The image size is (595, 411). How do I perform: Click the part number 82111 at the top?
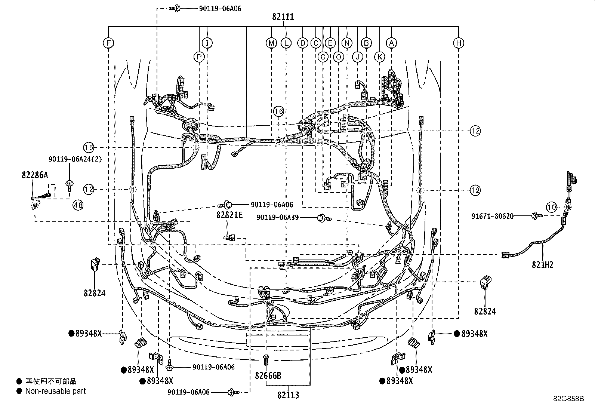pyautogui.click(x=283, y=17)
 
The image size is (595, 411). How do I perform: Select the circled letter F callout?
pyautogui.click(x=108, y=43)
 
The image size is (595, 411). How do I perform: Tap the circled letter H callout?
pyautogui.click(x=459, y=43)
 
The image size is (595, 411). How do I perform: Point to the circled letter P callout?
pyautogui.click(x=199, y=57)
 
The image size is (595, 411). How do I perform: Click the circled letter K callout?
pyautogui.click(x=379, y=57)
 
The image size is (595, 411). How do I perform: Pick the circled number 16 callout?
pyautogui.click(x=278, y=111)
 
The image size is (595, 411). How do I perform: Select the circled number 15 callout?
pyautogui.click(x=89, y=148)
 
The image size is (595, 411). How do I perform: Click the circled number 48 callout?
pyautogui.click(x=78, y=205)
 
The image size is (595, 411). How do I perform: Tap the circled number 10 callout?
pyautogui.click(x=551, y=207)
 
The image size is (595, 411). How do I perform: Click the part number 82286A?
pyautogui.click(x=35, y=175)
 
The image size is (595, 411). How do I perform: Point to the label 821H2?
pyautogui.click(x=543, y=265)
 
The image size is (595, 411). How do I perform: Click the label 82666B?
pyautogui.click(x=268, y=375)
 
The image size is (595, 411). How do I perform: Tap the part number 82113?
pyautogui.click(x=288, y=395)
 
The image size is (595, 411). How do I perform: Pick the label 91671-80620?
pyautogui.click(x=492, y=216)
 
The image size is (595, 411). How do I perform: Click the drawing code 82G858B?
pyautogui.click(x=568, y=399)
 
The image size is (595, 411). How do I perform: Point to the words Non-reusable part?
pyautogui.click(x=55, y=391)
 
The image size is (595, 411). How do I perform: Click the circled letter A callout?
pyautogui.click(x=391, y=43)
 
